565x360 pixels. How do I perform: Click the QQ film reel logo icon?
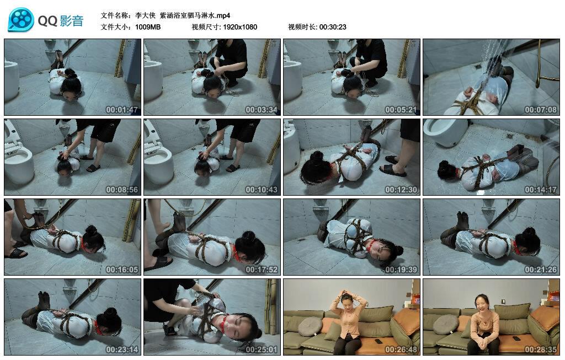click(x=21, y=20)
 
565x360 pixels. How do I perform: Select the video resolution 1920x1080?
click(x=240, y=27)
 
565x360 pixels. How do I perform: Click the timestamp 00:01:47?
click(x=122, y=110)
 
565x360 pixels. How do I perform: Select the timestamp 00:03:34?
click(x=262, y=110)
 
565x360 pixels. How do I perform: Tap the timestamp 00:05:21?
click(x=401, y=110)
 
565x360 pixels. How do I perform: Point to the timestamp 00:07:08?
click(x=541, y=110)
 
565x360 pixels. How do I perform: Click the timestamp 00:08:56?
click(x=122, y=190)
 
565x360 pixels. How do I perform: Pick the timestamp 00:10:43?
click(x=262, y=190)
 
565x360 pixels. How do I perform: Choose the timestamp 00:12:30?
click(x=401, y=190)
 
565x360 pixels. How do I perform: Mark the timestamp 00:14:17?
click(x=541, y=190)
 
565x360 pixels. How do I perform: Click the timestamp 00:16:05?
click(x=122, y=270)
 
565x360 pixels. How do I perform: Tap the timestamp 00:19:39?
click(x=401, y=270)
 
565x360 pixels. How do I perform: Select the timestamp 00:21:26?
click(x=541, y=270)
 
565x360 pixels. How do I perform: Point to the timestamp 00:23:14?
click(x=122, y=350)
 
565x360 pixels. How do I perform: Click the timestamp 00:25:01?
click(x=262, y=350)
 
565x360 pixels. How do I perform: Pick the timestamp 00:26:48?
click(x=401, y=350)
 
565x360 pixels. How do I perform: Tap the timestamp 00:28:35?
click(x=541, y=350)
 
